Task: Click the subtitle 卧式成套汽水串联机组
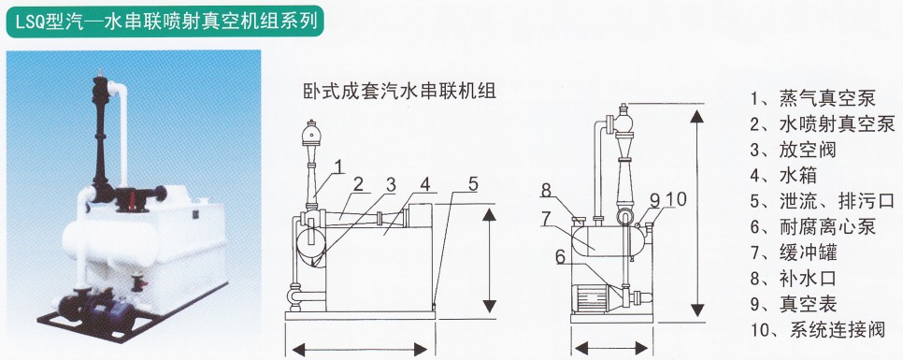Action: tap(399, 91)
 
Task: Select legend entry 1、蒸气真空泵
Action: tap(812, 98)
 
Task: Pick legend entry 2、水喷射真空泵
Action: tap(823, 123)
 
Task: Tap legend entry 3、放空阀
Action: tap(793, 150)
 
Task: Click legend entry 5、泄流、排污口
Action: tap(823, 201)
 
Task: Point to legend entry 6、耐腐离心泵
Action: tap(812, 226)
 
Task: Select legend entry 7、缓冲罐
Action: tap(793, 252)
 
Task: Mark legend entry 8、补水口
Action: tap(793, 279)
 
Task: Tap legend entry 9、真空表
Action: tap(793, 304)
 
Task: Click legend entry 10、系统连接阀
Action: tap(817, 330)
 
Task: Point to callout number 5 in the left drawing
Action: tap(473, 184)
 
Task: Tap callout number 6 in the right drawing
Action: tap(560, 257)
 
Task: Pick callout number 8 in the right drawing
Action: tap(547, 190)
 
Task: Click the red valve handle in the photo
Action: tap(134, 200)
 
